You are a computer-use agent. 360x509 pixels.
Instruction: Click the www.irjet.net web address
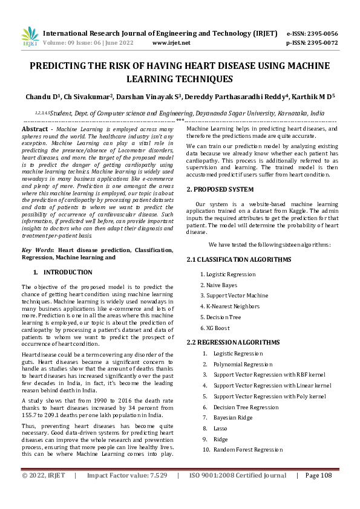[x=171, y=43]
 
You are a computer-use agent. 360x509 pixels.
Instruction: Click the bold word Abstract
[x=35, y=129]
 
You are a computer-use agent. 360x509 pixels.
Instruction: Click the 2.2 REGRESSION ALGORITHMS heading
[x=233, y=342]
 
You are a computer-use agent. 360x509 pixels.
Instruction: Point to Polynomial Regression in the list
[x=243, y=364]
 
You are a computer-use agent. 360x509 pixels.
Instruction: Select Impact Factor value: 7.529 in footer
[x=127, y=493]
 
